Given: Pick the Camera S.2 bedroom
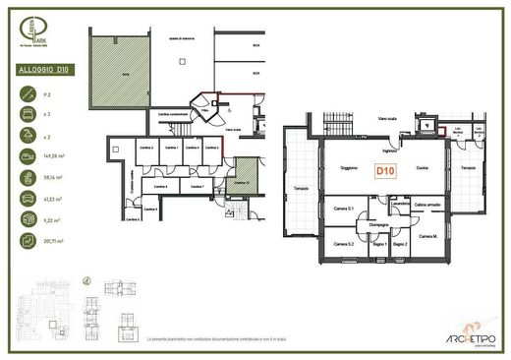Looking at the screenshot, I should (343, 243).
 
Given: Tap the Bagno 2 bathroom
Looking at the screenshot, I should (400, 243).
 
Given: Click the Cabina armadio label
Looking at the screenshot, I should (427, 204).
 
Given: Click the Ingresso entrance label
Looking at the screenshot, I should (390, 150).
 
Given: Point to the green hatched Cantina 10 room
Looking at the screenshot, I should (244, 176).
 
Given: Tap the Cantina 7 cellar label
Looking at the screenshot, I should (196, 184).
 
